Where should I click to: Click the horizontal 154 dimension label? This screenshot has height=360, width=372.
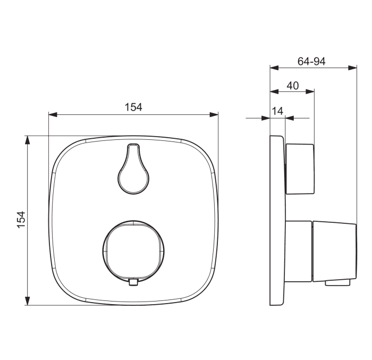(133, 107)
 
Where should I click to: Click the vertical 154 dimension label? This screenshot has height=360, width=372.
(21, 220)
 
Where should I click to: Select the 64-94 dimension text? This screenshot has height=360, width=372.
(311, 61)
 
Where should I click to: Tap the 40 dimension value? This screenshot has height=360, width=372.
(292, 86)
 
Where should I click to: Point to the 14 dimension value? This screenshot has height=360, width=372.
(277, 111)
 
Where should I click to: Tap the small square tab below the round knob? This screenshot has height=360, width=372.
(133, 282)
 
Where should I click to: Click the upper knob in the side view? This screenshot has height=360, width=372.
(300, 169)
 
